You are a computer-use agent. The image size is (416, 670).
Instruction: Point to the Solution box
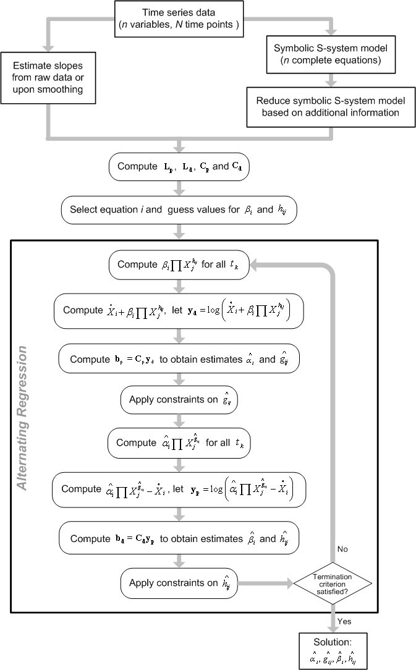[333, 651]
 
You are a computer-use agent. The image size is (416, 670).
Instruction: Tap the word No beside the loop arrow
[344, 548]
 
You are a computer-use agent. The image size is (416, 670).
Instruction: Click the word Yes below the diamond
[346, 620]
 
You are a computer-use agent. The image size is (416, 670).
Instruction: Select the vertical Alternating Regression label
[23, 418]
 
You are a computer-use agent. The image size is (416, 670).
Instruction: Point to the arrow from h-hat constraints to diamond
[266, 582]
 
